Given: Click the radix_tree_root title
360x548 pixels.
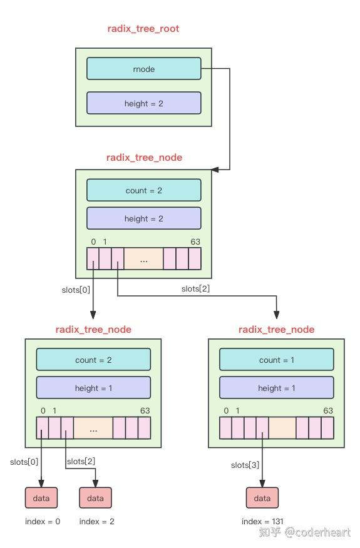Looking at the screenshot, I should pyautogui.click(x=143, y=29).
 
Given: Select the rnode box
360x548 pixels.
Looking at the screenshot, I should pyautogui.click(x=143, y=69).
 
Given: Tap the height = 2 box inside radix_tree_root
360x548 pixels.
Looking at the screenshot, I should pyautogui.click(x=143, y=103).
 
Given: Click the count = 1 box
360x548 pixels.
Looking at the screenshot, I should pyautogui.click(x=276, y=360).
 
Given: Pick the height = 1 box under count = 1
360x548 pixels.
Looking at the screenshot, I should pyautogui.click(x=276, y=388).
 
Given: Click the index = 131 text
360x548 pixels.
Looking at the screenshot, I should pyautogui.click(x=262, y=521).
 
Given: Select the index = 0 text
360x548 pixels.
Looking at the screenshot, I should pyautogui.click(x=43, y=521).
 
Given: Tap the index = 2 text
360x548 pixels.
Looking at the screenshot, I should pyautogui.click(x=96, y=521).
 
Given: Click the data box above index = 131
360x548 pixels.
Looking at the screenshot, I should pyautogui.click(x=262, y=498).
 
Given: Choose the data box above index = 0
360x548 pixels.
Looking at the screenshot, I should pyautogui.click(x=41, y=498).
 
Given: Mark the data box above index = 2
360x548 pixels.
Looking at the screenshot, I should pyautogui.click(x=95, y=498).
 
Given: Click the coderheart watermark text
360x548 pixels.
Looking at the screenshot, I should pyautogui.click(x=317, y=532).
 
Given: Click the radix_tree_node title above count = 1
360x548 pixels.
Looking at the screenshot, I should pyautogui.click(x=276, y=330).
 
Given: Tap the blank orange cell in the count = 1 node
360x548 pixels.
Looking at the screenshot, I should pyautogui.click(x=282, y=428).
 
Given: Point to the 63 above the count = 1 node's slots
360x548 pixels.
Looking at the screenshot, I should pyautogui.click(x=327, y=411).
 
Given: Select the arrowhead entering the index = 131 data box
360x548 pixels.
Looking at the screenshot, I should pyautogui.click(x=262, y=484).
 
